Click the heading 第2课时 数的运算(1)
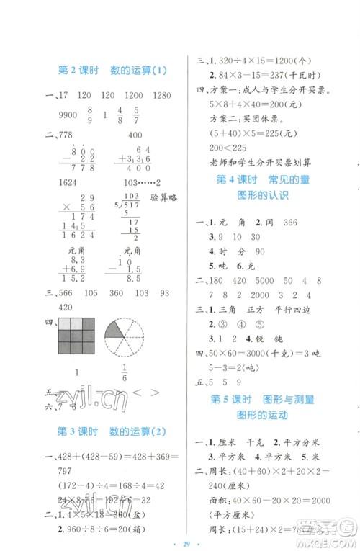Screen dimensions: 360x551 111,70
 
